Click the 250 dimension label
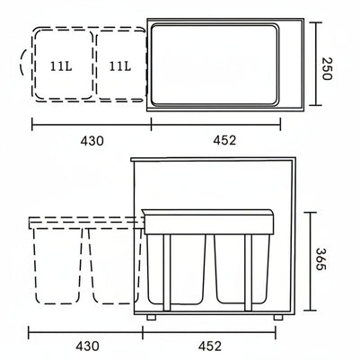coord(327,68)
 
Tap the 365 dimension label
coord(320,259)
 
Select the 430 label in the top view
coord(92,141)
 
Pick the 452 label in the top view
coord(224,140)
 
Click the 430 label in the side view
coord(87,347)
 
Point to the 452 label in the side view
coord(210,347)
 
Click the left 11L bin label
coord(61,66)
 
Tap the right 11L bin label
coord(120,66)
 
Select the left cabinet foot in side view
coord(152,317)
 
